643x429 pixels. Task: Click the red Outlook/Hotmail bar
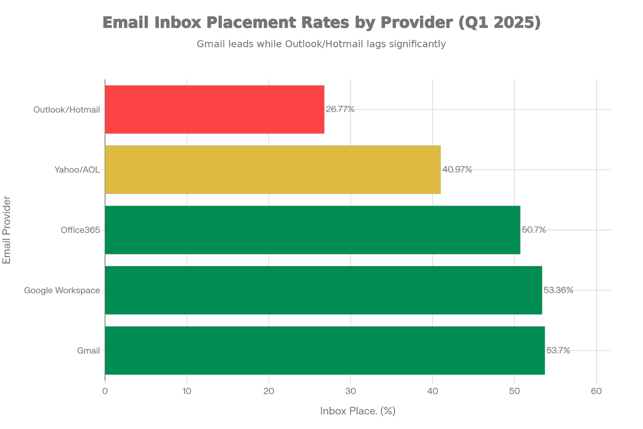[x=215, y=109]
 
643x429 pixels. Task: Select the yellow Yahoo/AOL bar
[x=273, y=170]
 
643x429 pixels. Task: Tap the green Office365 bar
[x=312, y=230]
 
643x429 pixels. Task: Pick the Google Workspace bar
[x=323, y=290]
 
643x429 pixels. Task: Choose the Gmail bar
[x=325, y=350]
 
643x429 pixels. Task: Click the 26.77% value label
[x=340, y=109]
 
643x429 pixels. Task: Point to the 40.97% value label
[x=457, y=170]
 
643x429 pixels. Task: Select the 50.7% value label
[x=534, y=230]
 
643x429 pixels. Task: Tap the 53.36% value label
[x=558, y=290]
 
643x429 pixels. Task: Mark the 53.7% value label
[x=558, y=350]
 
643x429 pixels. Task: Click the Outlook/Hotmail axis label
[x=67, y=110]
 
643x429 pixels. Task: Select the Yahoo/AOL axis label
[x=77, y=170]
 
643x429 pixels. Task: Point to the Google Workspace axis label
[x=62, y=290]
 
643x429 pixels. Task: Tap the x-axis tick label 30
[x=351, y=391]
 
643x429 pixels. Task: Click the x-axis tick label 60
[x=596, y=391]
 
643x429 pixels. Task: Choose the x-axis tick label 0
[x=105, y=391]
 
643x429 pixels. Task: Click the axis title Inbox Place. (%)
[x=358, y=411]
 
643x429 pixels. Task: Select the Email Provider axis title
[x=7, y=230]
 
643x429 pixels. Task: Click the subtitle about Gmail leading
[x=321, y=44]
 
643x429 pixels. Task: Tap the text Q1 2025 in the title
[x=499, y=23]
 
